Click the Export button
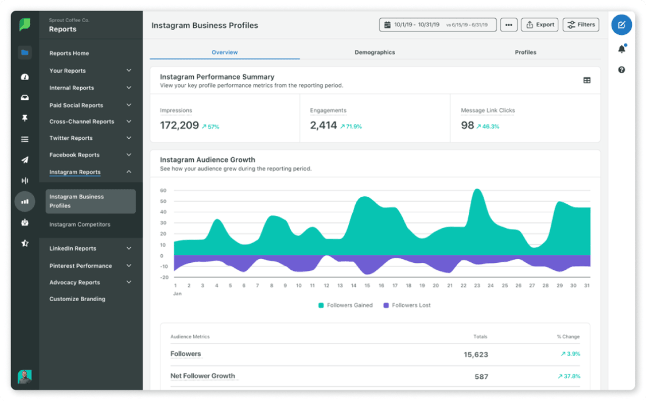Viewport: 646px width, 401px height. pos(540,25)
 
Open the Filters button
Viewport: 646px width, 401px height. pos(581,25)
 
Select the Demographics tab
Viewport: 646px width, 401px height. pos(374,52)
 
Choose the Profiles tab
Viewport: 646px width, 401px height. pos(525,52)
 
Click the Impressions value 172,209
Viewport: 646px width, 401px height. pos(180,126)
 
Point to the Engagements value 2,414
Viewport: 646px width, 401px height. pos(324,126)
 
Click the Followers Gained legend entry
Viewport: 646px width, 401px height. pos(345,305)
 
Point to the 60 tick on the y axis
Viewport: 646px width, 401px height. pos(163,191)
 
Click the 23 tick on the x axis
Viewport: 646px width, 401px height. pos(477,285)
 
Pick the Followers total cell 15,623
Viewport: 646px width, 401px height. pos(476,355)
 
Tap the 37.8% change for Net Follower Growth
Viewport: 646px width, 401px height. pos(569,376)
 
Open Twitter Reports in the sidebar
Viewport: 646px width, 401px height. pos(71,138)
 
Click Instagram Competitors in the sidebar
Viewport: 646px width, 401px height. pos(80,224)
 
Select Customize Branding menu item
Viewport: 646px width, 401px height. pos(77,299)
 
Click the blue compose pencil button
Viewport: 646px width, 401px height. pos(621,25)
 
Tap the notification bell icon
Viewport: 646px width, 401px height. pos(621,49)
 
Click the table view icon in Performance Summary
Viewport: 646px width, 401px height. pos(587,80)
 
